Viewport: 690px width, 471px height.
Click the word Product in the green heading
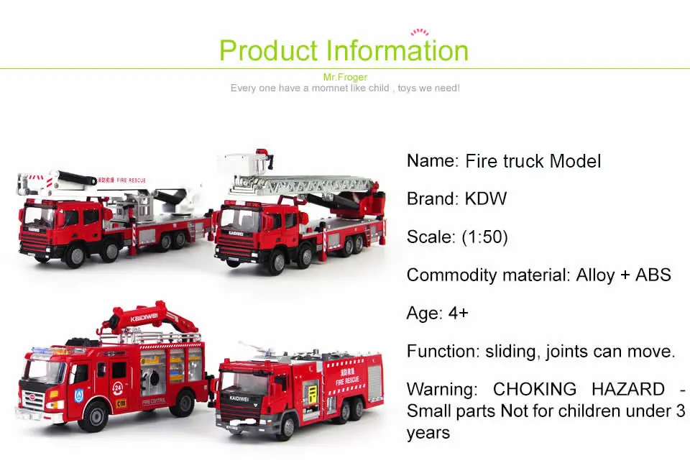click(x=268, y=50)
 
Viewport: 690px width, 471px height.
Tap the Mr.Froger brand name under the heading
click(x=345, y=77)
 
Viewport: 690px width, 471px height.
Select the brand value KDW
click(x=486, y=198)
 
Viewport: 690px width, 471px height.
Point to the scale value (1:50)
click(x=484, y=237)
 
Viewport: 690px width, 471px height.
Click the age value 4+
click(x=458, y=313)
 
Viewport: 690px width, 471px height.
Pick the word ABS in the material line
click(x=653, y=275)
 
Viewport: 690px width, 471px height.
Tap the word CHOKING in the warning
click(x=535, y=389)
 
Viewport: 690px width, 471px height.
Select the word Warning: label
click(x=442, y=390)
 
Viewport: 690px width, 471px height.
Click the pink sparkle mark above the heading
click(x=419, y=32)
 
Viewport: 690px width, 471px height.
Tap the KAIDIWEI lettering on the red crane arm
click(x=144, y=317)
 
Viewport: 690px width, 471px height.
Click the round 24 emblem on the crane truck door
click(x=117, y=388)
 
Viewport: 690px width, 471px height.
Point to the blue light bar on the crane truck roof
click(x=50, y=351)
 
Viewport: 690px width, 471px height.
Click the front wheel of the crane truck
click(x=93, y=416)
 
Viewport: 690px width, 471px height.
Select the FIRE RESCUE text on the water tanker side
click(x=347, y=380)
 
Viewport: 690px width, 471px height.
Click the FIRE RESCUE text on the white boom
click(x=131, y=180)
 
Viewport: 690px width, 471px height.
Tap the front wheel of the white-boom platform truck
click(x=75, y=255)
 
